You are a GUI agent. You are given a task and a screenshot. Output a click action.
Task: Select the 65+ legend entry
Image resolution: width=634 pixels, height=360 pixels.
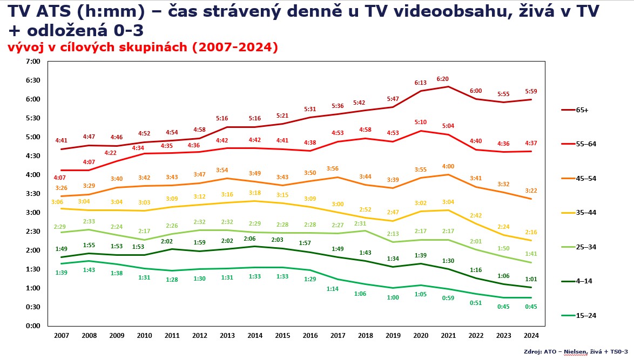click(582, 110)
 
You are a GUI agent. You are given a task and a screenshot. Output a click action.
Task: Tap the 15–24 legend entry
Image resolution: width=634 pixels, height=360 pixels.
click(582, 315)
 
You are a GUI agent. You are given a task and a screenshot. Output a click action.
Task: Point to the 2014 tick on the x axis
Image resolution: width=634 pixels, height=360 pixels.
click(255, 335)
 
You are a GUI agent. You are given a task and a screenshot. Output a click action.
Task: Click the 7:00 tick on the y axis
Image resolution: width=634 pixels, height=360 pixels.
click(33, 62)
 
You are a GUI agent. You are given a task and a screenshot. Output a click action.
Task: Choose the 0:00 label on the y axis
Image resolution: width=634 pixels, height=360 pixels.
click(33, 325)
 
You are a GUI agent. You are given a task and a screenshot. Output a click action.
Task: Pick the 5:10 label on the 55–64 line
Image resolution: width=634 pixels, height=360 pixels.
click(421, 123)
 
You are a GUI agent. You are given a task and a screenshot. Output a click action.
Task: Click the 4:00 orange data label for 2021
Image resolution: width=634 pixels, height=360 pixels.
click(448, 166)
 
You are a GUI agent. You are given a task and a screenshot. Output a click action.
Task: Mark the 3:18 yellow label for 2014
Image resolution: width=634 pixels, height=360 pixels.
click(255, 193)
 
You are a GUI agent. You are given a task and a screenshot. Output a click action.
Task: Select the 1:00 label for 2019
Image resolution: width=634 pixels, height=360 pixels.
click(393, 297)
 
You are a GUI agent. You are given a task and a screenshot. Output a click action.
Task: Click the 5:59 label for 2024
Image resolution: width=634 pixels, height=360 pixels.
click(531, 91)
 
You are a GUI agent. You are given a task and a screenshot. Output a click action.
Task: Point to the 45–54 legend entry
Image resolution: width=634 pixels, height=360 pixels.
click(582, 178)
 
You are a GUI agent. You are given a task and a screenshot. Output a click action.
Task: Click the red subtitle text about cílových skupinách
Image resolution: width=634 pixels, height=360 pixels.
click(143, 47)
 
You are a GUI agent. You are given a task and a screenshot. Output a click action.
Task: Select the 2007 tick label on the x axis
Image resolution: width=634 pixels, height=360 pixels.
click(62, 335)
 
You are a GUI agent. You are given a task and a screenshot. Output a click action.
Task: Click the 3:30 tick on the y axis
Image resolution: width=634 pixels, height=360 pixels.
click(33, 193)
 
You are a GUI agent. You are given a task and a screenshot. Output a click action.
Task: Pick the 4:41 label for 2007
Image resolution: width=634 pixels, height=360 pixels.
click(62, 140)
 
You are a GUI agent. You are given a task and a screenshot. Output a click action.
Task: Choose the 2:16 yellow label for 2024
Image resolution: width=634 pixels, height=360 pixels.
click(531, 232)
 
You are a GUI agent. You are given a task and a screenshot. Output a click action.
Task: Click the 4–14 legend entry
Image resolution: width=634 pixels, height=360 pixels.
click(582, 281)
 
